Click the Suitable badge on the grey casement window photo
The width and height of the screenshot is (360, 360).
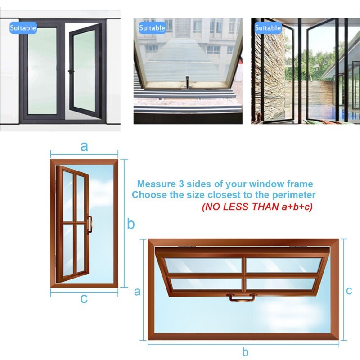[x=23, y=28]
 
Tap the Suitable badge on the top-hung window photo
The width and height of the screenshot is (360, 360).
[x=152, y=28]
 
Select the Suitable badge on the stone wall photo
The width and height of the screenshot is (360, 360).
[x=268, y=28]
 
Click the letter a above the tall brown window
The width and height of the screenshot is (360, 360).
[x=84, y=146]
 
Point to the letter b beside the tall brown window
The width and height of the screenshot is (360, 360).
[x=130, y=223]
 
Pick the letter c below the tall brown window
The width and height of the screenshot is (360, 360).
[x=84, y=298]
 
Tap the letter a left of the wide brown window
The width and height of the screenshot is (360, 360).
[x=138, y=292]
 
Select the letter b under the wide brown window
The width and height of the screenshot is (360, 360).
[x=245, y=352]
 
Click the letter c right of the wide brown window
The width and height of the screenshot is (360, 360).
[x=349, y=291]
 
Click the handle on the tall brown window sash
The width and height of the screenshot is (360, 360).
[x=90, y=224]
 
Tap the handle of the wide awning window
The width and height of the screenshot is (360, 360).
[x=242, y=297]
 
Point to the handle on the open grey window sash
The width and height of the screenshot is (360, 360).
[x=71, y=71]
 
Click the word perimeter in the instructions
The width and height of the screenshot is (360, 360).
[x=294, y=195]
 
